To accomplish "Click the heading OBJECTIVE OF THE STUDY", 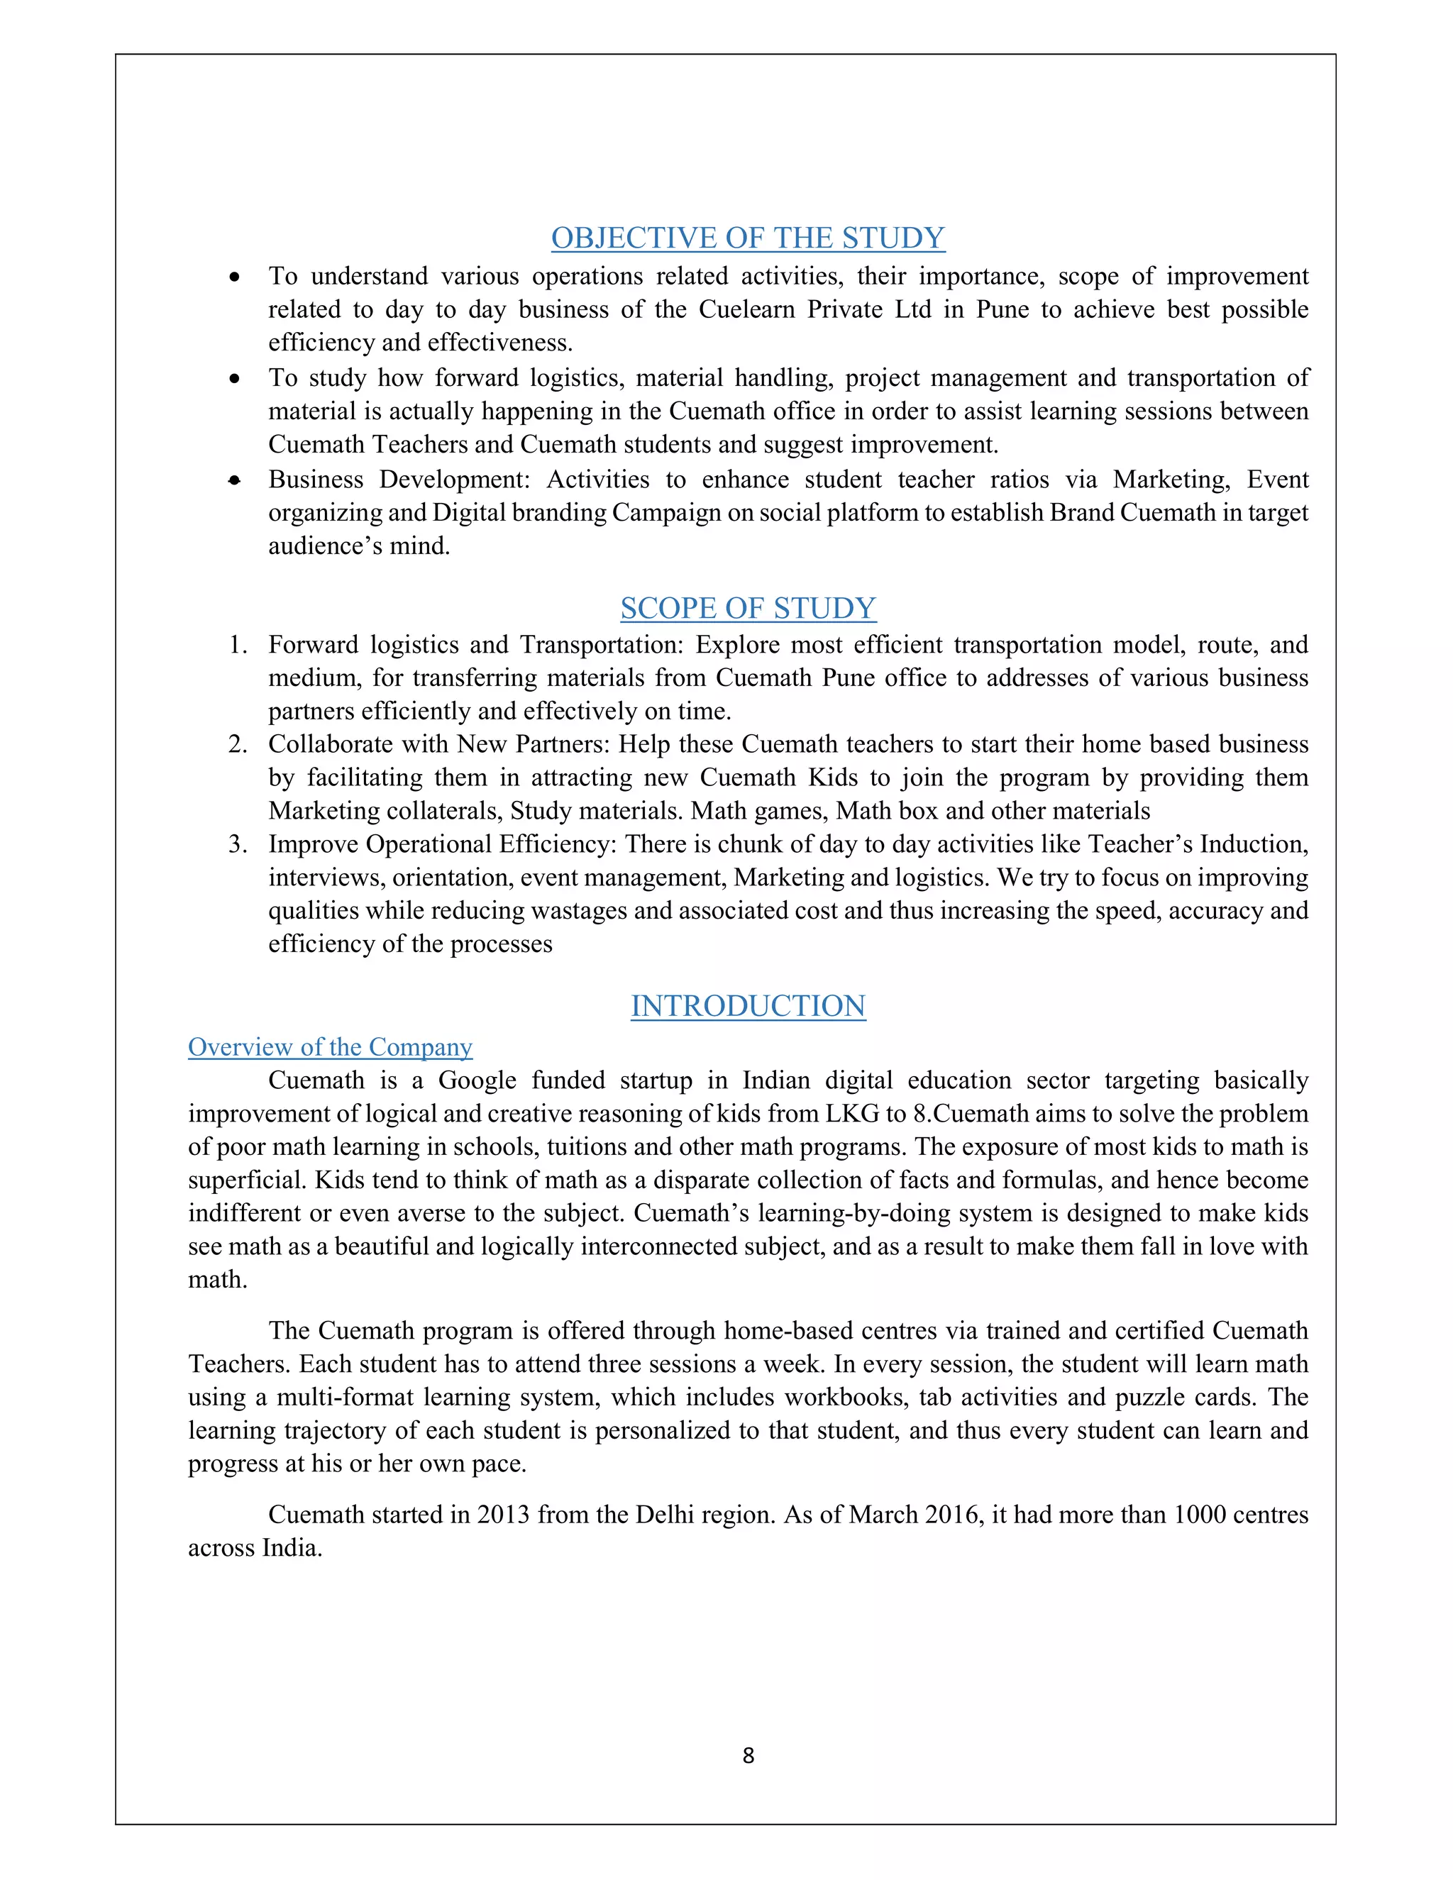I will click(x=747, y=238).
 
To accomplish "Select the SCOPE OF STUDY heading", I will click(x=747, y=608).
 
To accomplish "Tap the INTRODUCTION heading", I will click(x=747, y=1005).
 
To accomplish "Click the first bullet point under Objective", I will click(x=234, y=277).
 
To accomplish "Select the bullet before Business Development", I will click(x=234, y=480).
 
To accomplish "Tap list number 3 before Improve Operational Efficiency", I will click(x=238, y=844).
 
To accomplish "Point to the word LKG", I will click(x=853, y=1114).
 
